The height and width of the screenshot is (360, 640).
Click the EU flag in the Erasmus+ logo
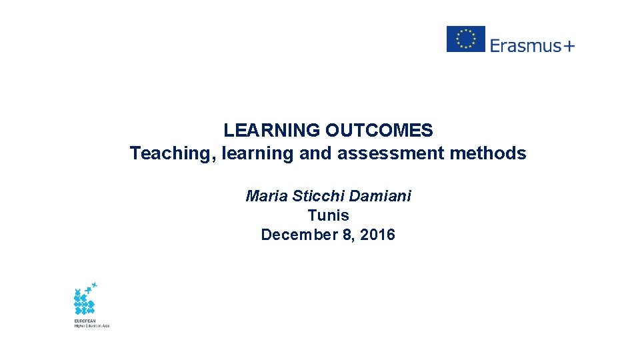coord(465,39)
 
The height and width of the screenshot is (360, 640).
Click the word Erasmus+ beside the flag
coord(532,45)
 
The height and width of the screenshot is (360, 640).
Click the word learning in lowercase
coord(257,154)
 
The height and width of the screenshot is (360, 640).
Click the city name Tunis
coord(328,215)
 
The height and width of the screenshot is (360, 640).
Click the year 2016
coord(377,235)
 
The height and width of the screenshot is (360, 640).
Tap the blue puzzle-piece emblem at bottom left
coord(85,299)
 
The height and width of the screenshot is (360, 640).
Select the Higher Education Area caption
coord(91,325)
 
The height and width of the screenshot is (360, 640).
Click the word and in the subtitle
coord(315,153)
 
